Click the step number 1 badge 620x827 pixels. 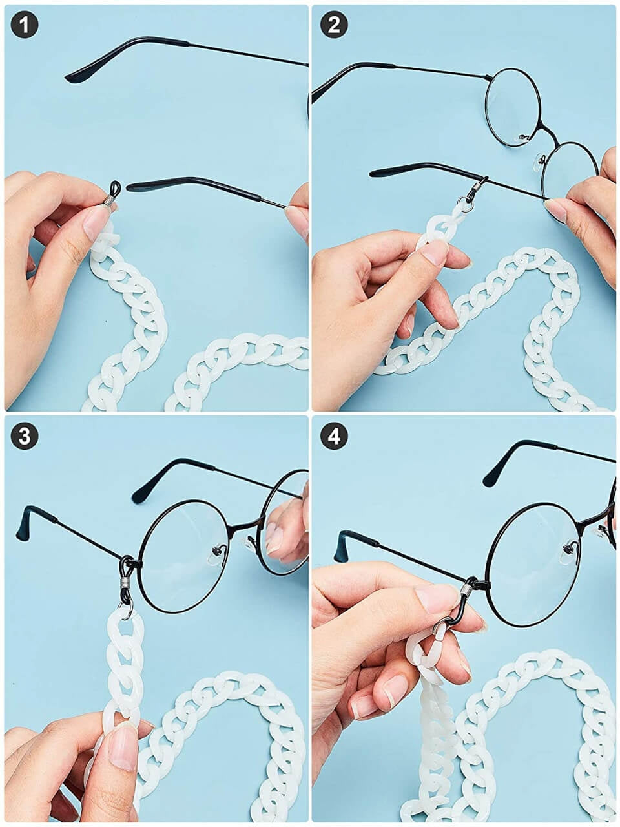[x=25, y=24]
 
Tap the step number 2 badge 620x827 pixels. [x=334, y=24]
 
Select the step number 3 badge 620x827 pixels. [x=25, y=435]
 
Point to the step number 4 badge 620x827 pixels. [x=334, y=435]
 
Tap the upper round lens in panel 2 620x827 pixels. [x=513, y=107]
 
